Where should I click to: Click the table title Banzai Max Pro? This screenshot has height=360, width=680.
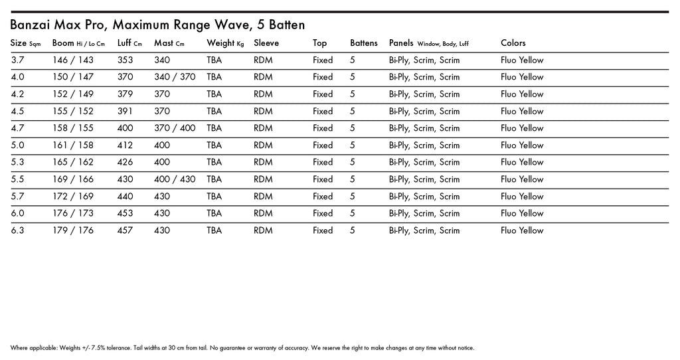tap(157, 25)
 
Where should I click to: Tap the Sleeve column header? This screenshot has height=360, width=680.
tap(266, 43)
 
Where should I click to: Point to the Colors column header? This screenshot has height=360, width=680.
tap(513, 43)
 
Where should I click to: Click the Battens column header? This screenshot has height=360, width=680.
tap(364, 43)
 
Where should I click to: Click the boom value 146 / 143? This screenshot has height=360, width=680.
tap(73, 60)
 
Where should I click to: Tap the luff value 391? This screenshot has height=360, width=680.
tap(125, 112)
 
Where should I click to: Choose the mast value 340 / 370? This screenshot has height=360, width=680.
tap(175, 77)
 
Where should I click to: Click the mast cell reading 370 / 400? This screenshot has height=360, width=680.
tap(175, 128)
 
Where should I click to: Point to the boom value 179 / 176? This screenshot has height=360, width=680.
tap(73, 230)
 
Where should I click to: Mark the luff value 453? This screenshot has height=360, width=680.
tap(125, 213)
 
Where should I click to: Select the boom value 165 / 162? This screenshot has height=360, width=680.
tap(73, 162)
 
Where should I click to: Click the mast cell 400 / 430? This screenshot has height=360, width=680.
tap(175, 179)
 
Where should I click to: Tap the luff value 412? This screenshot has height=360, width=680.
tap(125, 145)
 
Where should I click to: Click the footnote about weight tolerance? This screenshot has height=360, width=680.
tap(242, 348)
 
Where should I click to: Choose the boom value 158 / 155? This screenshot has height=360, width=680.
tap(73, 128)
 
